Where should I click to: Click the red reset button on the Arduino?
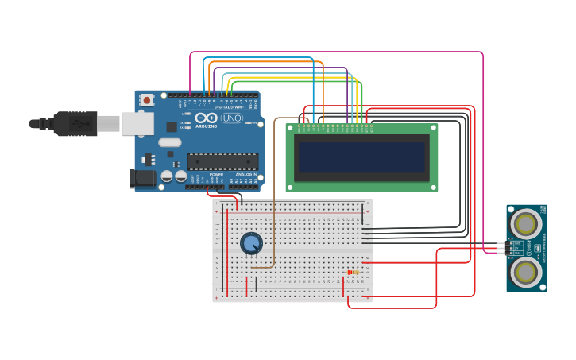(x=146, y=100)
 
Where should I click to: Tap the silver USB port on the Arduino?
(x=137, y=123)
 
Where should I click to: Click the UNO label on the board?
(x=232, y=118)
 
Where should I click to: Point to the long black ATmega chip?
(x=222, y=161)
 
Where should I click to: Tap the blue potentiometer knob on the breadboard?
(x=251, y=243)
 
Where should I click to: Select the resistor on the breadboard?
(x=353, y=273)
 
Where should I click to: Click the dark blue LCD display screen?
(x=361, y=157)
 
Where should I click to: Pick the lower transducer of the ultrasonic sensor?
(x=525, y=273)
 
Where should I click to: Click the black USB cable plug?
(x=75, y=123)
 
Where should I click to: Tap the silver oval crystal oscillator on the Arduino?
(x=170, y=143)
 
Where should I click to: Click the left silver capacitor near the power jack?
(x=167, y=176)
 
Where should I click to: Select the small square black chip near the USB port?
(x=172, y=126)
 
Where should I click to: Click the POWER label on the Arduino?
(x=216, y=173)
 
